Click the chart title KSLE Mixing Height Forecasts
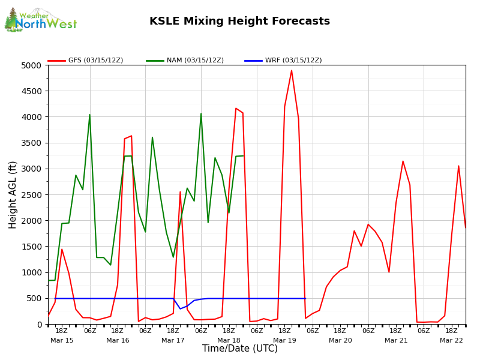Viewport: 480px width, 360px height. pyautogui.click(x=239, y=22)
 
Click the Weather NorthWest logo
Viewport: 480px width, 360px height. pyautogui.click(x=41, y=20)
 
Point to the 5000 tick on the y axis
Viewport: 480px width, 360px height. pyautogui.click(x=33, y=65)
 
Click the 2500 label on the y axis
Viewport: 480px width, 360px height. pyautogui.click(x=33, y=195)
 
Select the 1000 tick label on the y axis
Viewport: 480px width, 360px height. pyautogui.click(x=33, y=272)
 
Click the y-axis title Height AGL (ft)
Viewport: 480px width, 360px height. pyautogui.click(x=13, y=194)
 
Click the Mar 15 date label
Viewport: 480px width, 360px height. pyautogui.click(x=62, y=340)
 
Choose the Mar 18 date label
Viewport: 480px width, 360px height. pyautogui.click(x=229, y=340)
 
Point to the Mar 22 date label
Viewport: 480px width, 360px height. pyautogui.click(x=451, y=340)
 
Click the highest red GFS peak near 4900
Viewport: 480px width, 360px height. pyautogui.click(x=292, y=71)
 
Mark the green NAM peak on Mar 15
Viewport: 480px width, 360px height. pyautogui.click(x=90, y=115)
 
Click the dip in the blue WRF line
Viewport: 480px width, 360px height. pyautogui.click(x=180, y=308)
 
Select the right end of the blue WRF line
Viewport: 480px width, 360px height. pyautogui.click(x=305, y=298)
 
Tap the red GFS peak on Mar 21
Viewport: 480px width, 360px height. pyautogui.click(x=403, y=161)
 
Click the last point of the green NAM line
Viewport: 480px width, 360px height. pyautogui.click(x=243, y=156)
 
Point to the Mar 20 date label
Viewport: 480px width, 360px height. pyautogui.click(x=340, y=340)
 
